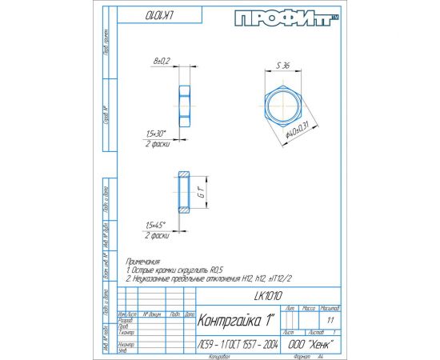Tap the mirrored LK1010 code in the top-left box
(142, 16)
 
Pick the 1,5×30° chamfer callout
(158, 133)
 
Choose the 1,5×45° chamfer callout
(158, 226)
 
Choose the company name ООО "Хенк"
(308, 344)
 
